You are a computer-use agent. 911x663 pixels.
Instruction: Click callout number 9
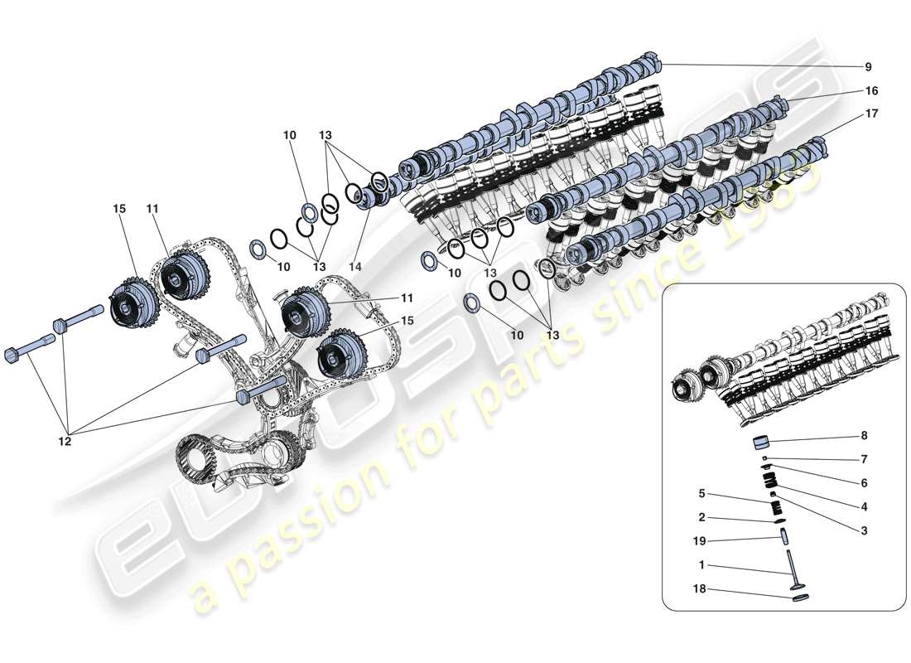point(868,67)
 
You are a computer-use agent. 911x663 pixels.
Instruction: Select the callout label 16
point(871,90)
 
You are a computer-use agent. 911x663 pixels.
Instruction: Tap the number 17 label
point(871,113)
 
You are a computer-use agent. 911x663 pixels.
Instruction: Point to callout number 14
point(355,267)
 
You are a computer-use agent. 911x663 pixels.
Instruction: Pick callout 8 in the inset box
point(863,436)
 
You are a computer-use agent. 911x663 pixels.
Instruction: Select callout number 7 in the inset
point(863,458)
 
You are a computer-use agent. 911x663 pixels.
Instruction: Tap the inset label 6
point(863,482)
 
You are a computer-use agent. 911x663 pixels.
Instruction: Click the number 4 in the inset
point(863,506)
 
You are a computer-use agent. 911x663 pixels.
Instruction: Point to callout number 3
point(863,530)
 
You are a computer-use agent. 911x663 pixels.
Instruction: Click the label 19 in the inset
point(701,540)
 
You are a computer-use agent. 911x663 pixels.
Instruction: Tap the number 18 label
point(701,589)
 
